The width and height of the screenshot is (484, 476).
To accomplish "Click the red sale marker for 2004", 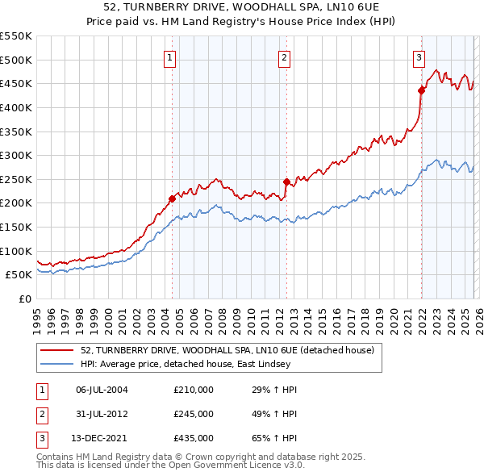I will pos(172,198).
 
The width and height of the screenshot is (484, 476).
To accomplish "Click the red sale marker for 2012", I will pos(286,182).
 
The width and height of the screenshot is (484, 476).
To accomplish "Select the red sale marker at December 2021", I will pos(421,90).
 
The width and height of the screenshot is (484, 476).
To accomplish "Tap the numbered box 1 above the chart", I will pos(171,57).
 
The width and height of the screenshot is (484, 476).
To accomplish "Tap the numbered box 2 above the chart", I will pos(286,57).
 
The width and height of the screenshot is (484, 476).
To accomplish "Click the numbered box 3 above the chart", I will pos(419,57).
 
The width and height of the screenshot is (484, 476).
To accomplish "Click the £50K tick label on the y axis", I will pos(19,275).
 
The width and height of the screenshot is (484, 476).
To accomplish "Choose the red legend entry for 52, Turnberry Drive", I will pos(227,351).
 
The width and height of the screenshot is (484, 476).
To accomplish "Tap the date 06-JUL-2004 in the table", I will pos(102,390).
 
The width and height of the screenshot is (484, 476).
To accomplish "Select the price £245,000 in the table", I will pos(194,414).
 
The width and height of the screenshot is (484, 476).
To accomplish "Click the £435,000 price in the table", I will pos(194,438).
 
